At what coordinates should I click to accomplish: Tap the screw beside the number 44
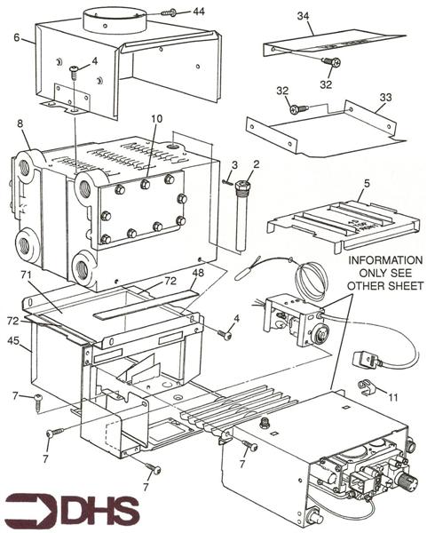tap(171, 13)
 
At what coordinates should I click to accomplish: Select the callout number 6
tap(17, 36)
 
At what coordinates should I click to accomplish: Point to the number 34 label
tap(304, 15)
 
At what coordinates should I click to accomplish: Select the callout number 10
tap(156, 118)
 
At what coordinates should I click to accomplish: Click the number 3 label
tap(234, 165)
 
